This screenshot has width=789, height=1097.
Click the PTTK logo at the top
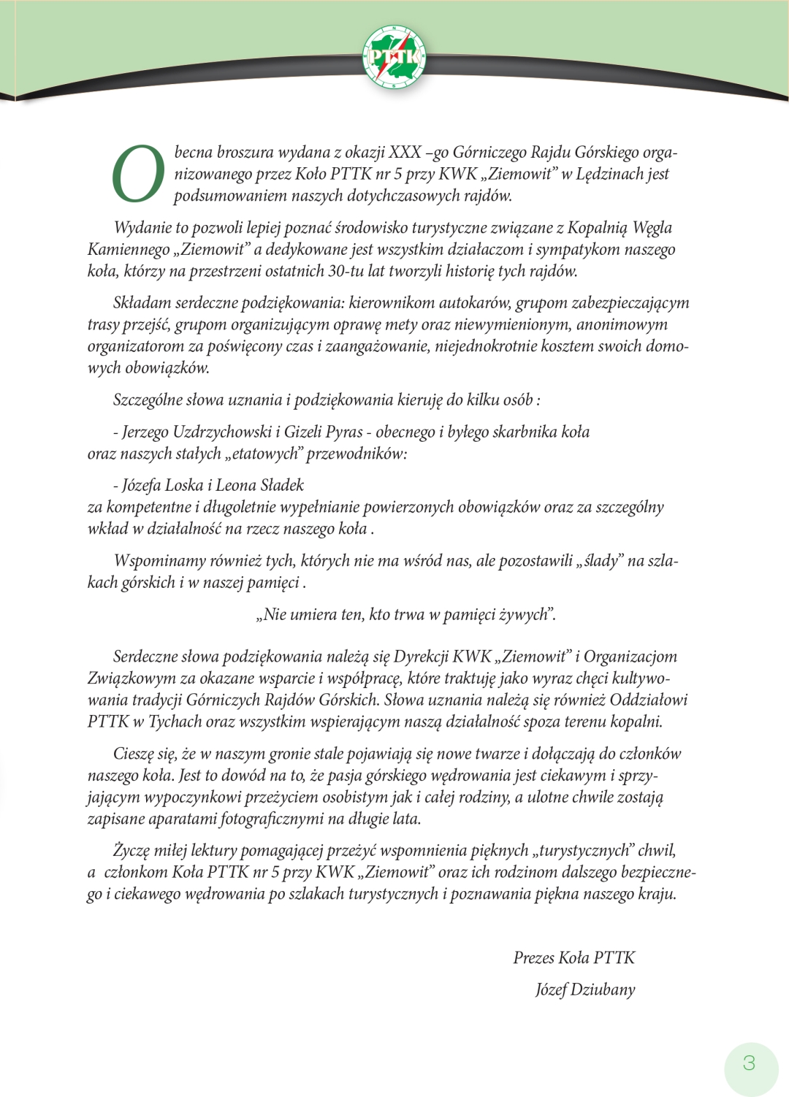(394, 56)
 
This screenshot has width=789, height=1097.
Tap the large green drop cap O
(138, 174)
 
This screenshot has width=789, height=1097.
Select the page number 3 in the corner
(750, 1063)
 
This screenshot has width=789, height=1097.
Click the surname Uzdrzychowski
(222, 432)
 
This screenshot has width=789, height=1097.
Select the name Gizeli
(302, 432)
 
